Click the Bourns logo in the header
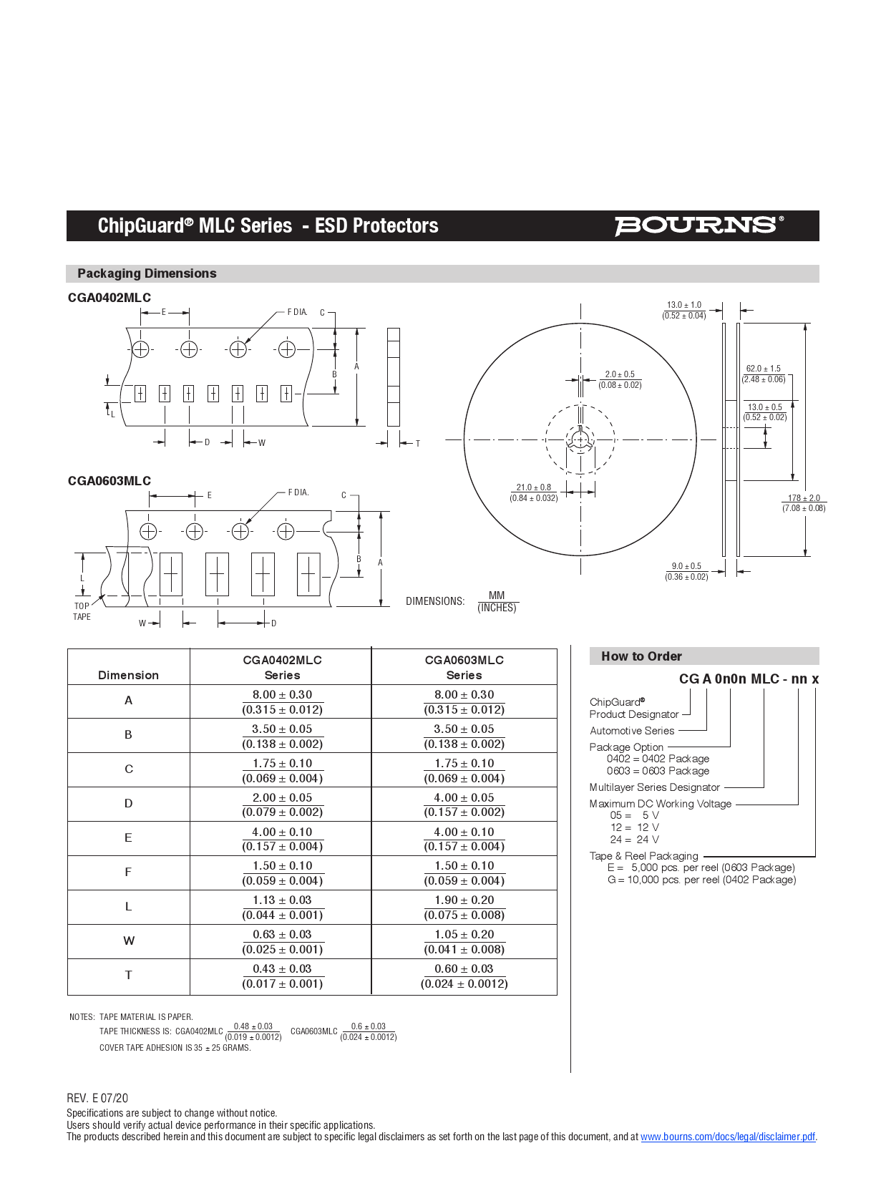pyautogui.click(x=698, y=225)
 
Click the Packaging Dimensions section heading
pyautogui.click(x=147, y=273)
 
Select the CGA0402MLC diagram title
pyautogui.click(x=109, y=298)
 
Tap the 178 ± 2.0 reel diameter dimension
pyautogui.click(x=804, y=502)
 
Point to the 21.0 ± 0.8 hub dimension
pyautogui.click(x=534, y=492)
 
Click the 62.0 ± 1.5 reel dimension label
pyautogui.click(x=764, y=374)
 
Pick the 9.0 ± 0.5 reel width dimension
pyautogui.click(x=686, y=571)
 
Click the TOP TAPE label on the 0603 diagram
pyautogui.click(x=82, y=611)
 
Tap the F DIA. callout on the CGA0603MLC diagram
pyautogui.click(x=298, y=492)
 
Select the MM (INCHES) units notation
pyautogui.click(x=497, y=601)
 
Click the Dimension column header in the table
pyautogui.click(x=129, y=675)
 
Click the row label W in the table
pyautogui.click(x=129, y=941)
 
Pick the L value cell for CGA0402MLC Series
pyautogui.click(x=282, y=907)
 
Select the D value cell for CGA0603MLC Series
pyautogui.click(x=464, y=804)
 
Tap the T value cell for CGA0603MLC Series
pyautogui.click(x=464, y=976)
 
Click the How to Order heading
pyautogui.click(x=641, y=656)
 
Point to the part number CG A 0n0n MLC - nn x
pyautogui.click(x=749, y=679)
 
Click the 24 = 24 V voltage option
pyautogui.click(x=634, y=840)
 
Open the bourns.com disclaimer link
pyautogui.click(x=727, y=1137)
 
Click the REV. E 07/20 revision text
pyautogui.click(x=97, y=1098)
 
